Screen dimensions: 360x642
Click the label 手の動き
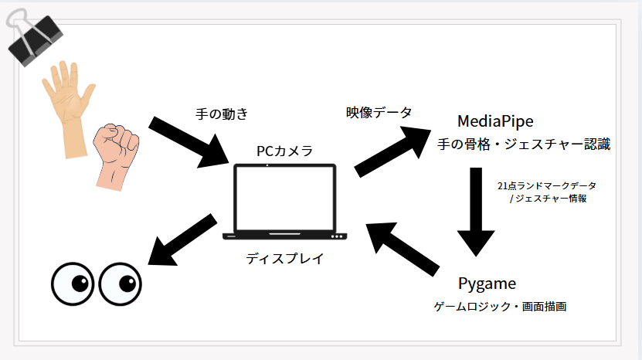click(x=222, y=114)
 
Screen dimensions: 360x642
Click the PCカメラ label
click(x=284, y=151)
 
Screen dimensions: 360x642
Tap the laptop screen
click(x=285, y=199)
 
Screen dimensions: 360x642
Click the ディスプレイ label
click(x=285, y=259)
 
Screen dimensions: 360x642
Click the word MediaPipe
click(x=495, y=121)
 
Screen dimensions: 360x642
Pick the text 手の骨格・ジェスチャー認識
click(x=524, y=144)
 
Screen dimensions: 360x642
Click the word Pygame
click(x=487, y=283)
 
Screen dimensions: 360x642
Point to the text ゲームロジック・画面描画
click(x=501, y=307)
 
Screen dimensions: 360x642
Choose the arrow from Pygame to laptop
click(x=406, y=251)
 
